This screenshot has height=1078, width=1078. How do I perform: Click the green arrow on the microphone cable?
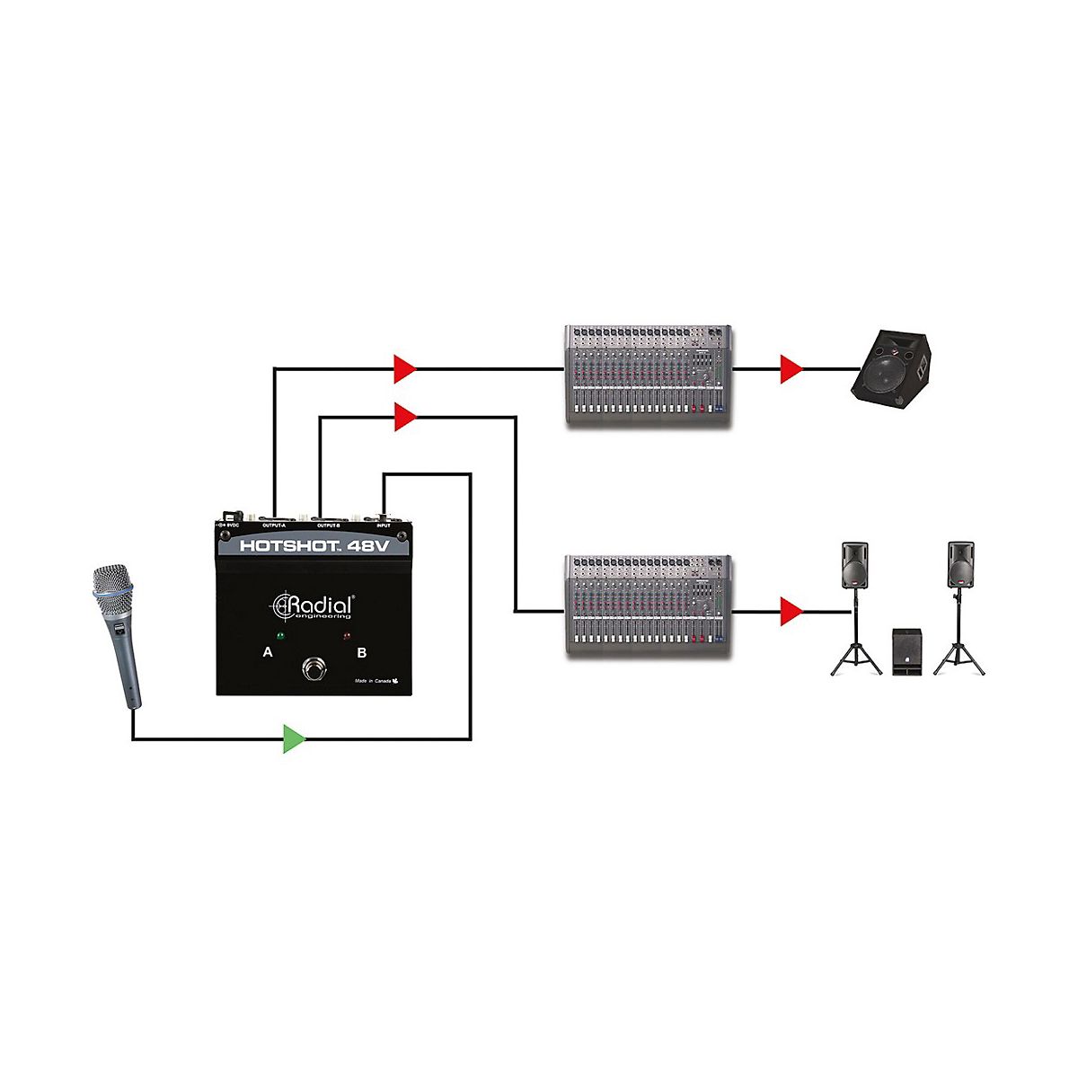tap(294, 738)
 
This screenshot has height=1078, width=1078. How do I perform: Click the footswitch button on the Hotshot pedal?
tap(314, 669)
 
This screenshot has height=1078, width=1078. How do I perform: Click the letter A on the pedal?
tap(267, 652)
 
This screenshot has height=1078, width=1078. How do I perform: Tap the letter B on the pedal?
tap(362, 652)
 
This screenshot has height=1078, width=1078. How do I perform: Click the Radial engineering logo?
tap(314, 605)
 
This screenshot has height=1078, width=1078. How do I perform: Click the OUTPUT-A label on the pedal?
tap(274, 525)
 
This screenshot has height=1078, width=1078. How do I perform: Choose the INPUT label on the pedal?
tap(384, 525)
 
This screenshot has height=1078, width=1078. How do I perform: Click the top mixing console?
tap(648, 374)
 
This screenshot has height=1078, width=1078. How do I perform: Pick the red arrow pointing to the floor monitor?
tap(790, 369)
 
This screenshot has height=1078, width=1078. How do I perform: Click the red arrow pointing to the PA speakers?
tap(790, 612)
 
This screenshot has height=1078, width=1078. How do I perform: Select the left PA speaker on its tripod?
tap(854, 566)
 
